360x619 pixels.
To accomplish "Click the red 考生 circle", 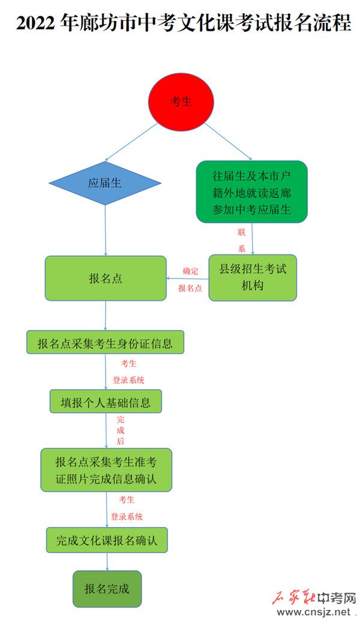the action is click(x=181, y=101).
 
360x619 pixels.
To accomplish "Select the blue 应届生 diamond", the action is click(x=105, y=183).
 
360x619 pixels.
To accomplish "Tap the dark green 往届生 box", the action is click(x=251, y=192).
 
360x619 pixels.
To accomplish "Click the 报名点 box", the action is click(x=106, y=279).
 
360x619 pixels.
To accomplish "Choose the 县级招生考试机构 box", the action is click(x=253, y=277).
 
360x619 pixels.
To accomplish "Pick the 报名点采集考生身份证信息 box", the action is click(x=105, y=342).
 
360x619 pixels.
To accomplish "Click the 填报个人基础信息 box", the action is click(x=106, y=402).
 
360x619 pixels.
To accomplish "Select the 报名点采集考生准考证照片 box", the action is click(x=106, y=470).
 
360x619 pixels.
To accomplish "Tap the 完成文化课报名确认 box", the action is click(x=107, y=540).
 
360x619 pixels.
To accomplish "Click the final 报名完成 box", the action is click(x=107, y=589).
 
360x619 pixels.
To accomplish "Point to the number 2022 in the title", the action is click(x=36, y=23).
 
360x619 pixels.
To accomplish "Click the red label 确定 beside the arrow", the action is click(x=190, y=271).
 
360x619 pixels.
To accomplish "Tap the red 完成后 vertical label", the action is click(x=121, y=430).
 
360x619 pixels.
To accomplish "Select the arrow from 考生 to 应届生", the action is click(x=131, y=142).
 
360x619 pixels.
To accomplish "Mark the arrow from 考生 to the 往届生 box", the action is click(x=228, y=142).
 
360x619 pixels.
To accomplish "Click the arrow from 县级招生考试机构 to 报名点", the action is click(x=188, y=279).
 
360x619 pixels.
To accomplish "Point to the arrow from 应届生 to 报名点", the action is click(x=105, y=231).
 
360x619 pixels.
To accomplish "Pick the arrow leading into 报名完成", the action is click(x=107, y=562).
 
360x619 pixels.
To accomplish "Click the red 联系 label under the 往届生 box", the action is click(x=242, y=240).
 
